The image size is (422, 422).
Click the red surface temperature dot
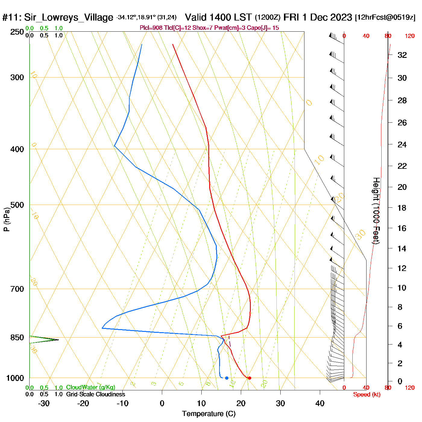coord(249,378)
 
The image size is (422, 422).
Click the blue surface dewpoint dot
coord(227,378)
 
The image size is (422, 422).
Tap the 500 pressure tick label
coord(17,205)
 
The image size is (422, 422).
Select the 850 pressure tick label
coord(17,338)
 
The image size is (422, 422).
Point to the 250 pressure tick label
coord(17,32)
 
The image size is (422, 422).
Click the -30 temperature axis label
coord(44,403)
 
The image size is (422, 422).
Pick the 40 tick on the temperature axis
coord(320,403)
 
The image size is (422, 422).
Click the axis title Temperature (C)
coord(209,414)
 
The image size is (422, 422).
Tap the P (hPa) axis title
coord(7,219)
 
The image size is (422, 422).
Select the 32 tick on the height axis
coord(402,55)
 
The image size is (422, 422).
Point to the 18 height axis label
coord(402,208)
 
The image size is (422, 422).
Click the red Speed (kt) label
coord(367,395)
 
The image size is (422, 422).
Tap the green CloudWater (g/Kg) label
coord(90,387)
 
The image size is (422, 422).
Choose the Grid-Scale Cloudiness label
coord(96,394)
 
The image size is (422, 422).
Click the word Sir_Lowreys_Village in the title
coord(68,17)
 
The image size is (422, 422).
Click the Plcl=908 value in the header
coord(151,28)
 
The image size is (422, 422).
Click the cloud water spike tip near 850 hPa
coord(58,340)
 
